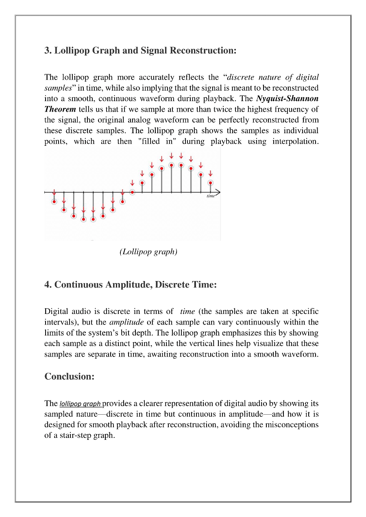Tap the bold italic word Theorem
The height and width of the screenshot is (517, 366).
(60, 109)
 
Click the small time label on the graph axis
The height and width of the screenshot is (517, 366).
(211, 196)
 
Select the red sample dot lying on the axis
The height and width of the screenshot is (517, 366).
(132, 192)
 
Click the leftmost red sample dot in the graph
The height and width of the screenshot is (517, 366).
(54, 202)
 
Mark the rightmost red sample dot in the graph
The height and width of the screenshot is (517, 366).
(210, 183)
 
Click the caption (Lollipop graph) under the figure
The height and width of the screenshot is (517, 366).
(148, 252)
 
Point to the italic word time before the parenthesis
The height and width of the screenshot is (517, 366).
(187, 312)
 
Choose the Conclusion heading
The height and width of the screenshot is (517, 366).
(69, 376)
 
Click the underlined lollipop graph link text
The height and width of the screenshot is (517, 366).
(80, 404)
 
